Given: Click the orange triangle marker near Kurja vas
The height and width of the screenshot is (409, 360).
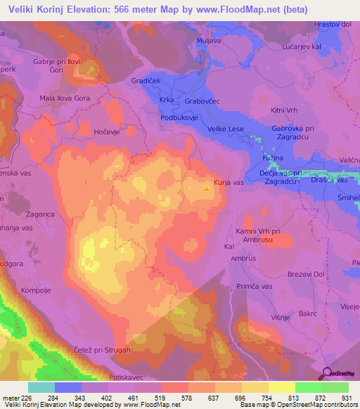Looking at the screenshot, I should tap(206, 188).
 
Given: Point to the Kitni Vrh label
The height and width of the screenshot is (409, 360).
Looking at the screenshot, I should tap(285, 111).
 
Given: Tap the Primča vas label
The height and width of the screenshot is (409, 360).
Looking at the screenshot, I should tap(255, 286).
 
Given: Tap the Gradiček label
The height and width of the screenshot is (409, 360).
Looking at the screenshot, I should tap(147, 82).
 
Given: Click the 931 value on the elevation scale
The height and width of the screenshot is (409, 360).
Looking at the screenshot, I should tap(345, 397).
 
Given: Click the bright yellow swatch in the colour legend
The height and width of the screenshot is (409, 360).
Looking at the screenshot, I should tap(281, 387).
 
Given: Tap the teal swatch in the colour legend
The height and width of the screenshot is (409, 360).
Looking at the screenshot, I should tap(41, 387).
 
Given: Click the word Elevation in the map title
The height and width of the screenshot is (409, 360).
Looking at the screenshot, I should tap(93, 11).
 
